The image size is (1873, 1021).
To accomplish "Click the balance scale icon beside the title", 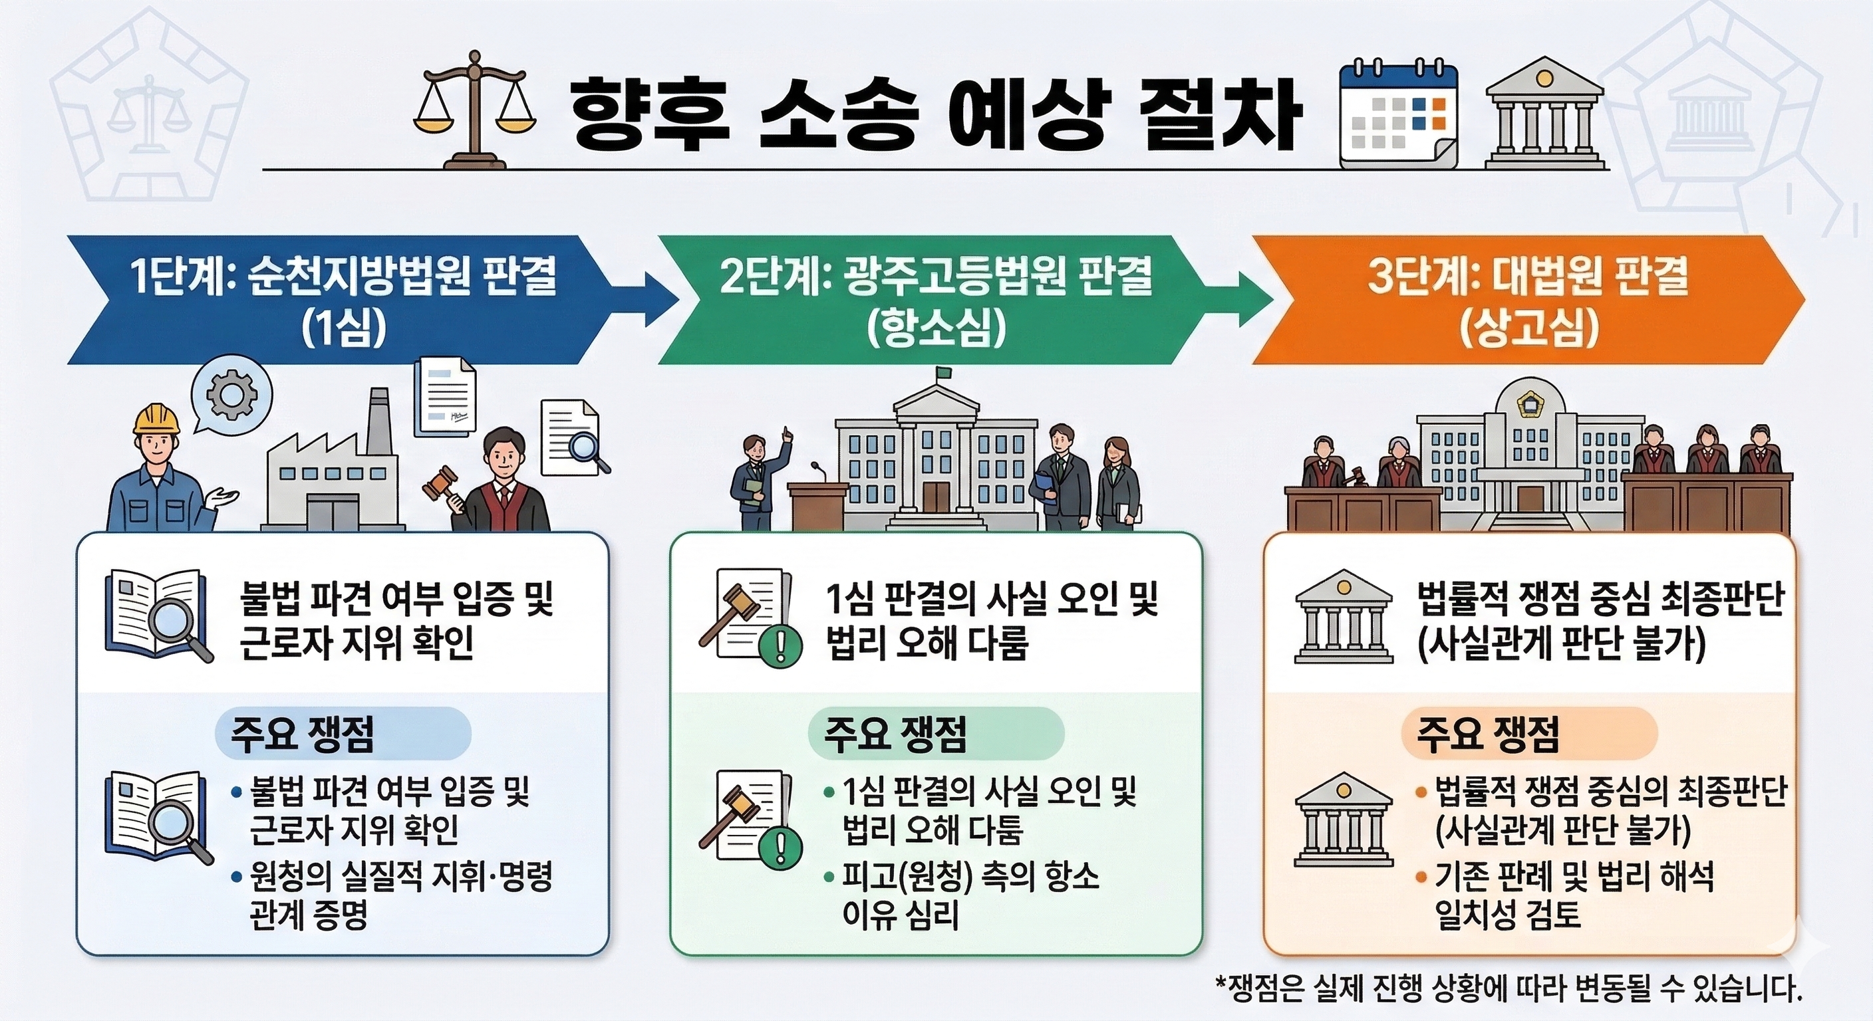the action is pyautogui.click(x=474, y=109).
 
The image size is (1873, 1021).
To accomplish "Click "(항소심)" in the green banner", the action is pyautogui.click(x=937, y=329).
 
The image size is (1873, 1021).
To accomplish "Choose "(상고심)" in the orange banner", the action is pyautogui.click(x=1529, y=329).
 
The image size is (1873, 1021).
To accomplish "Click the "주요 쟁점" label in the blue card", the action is pyautogui.click(x=303, y=734).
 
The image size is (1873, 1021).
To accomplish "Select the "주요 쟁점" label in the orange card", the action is pyautogui.click(x=1488, y=734).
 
